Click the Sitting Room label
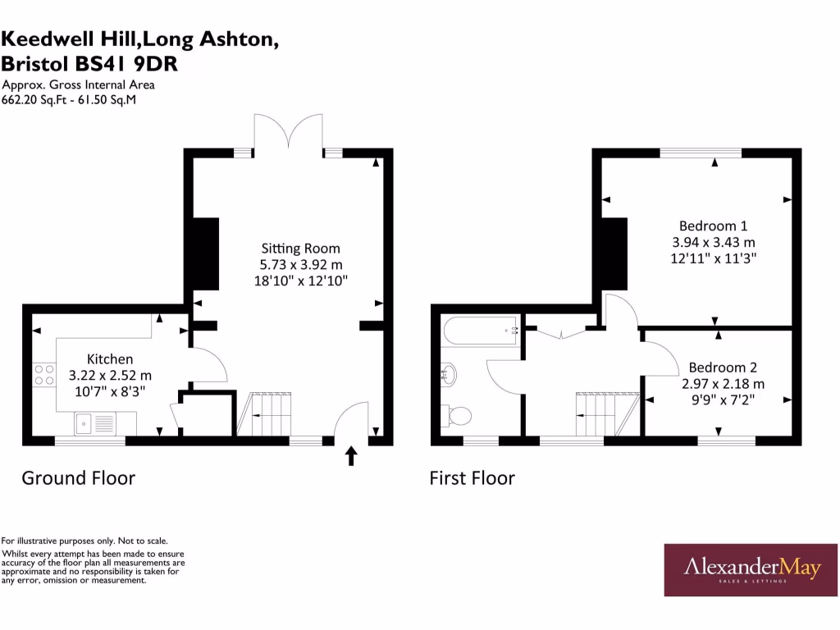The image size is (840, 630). tap(300, 248)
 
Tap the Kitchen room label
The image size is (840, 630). tap(110, 358)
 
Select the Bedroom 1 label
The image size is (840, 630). tap(713, 226)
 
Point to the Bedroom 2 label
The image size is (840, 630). tap(723, 367)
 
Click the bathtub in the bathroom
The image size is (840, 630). tap(480, 331)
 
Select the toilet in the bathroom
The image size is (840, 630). tap(456, 416)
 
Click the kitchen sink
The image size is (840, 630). tap(84, 423)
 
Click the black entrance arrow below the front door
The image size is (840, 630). tap(352, 456)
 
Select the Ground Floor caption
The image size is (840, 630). tap(78, 477)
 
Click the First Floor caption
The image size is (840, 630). tap(472, 477)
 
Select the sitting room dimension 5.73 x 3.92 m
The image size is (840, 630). tap(300, 264)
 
